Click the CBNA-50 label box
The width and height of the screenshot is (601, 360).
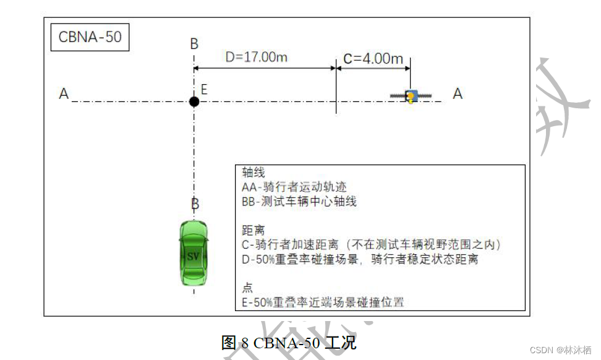point(90,37)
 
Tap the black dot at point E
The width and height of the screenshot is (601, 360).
point(194,101)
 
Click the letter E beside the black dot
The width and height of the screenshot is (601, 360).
point(204,90)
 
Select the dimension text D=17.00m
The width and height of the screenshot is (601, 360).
point(257,58)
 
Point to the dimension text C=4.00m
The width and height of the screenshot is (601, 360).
point(373,59)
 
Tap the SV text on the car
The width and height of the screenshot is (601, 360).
point(194,256)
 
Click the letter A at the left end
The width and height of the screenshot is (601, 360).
point(64,94)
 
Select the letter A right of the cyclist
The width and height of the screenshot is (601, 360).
point(458,93)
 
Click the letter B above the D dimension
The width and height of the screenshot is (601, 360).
point(194,44)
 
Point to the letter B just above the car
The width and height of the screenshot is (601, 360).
point(195,204)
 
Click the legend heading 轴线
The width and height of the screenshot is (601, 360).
point(254,173)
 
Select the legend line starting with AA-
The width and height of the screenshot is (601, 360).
point(294,187)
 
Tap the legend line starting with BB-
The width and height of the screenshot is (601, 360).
point(299,202)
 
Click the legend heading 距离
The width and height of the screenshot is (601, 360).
point(254,230)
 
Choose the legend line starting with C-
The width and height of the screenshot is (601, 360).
point(371,245)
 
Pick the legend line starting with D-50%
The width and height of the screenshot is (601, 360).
point(360,260)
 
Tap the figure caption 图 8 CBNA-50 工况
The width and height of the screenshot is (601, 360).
point(289,342)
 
